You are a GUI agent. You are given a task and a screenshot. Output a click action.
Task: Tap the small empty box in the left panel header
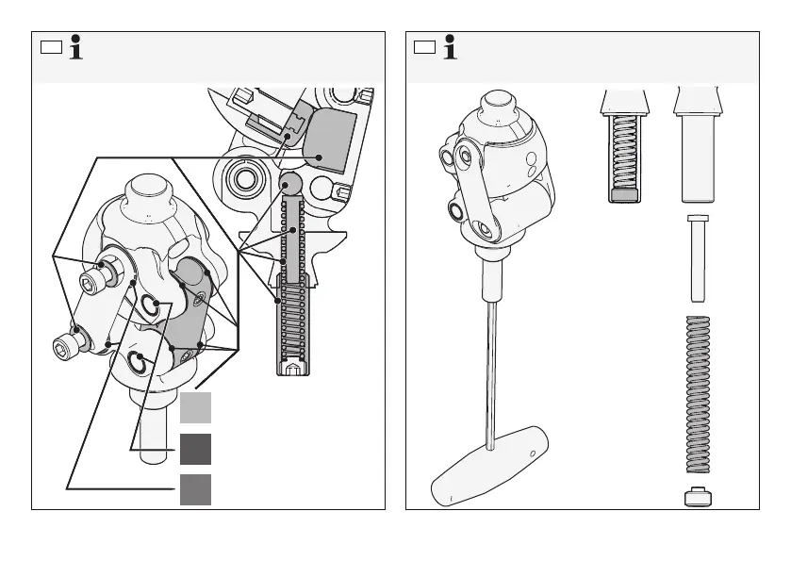click(x=50, y=47)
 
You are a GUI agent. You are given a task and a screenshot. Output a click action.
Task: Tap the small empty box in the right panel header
click(x=424, y=47)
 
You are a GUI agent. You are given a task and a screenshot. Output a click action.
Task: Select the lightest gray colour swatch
click(x=195, y=407)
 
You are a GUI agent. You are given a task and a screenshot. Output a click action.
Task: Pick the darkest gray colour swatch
click(x=195, y=449)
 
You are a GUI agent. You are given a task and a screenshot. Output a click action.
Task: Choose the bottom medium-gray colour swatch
click(x=195, y=489)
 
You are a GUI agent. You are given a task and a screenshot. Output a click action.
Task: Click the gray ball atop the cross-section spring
click(x=291, y=182)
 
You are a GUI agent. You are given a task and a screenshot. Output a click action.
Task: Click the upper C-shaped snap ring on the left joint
click(x=149, y=304)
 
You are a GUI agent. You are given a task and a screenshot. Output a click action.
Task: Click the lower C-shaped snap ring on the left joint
click(x=136, y=361)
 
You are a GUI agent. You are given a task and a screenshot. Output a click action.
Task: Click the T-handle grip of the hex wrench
click(x=490, y=467)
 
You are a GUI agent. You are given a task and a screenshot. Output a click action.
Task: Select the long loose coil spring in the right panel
click(x=698, y=392)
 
